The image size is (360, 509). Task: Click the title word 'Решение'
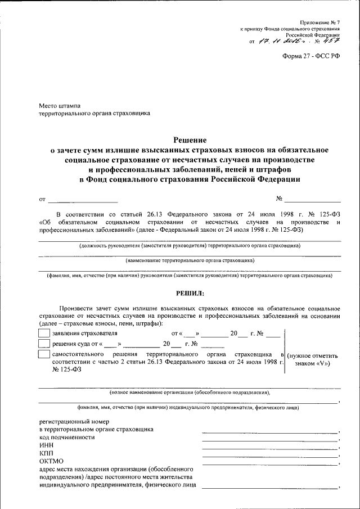(189, 140)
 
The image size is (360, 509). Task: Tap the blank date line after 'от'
(83, 200)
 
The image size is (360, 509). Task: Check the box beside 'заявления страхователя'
(43, 333)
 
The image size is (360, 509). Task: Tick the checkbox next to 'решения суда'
(43, 343)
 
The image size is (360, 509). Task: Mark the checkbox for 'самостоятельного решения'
(43, 354)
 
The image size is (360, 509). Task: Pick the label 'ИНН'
(46, 445)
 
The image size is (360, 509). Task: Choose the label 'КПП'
(46, 453)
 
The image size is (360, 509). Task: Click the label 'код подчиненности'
(67, 437)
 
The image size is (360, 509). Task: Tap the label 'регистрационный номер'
(74, 421)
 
